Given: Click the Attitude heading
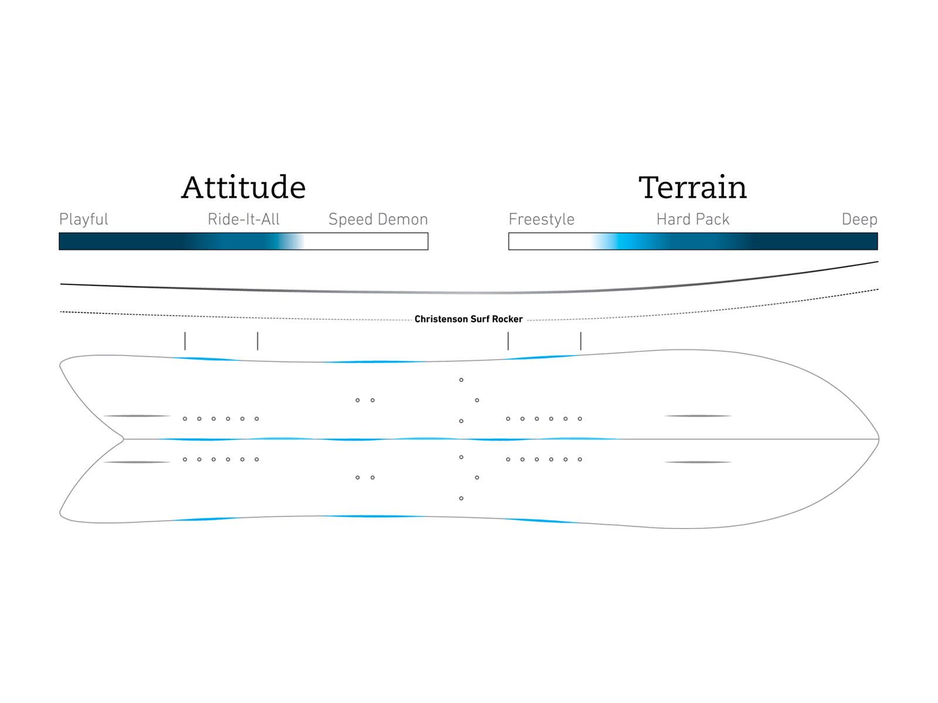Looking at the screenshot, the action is point(243,187).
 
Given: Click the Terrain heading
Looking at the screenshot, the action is point(692,187).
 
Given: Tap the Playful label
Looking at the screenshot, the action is point(83,219).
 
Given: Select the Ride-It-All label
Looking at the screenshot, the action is point(243,219).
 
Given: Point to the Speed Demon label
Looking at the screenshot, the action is point(378,219).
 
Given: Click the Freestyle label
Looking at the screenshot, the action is point(542,219).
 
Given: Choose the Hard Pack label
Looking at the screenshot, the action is point(693,219).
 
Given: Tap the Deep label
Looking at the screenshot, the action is point(859,219).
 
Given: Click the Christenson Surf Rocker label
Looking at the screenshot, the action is point(468,319).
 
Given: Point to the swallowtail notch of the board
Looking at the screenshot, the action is point(123,438).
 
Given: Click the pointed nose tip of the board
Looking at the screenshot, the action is point(878,438).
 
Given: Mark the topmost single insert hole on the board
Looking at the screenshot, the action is point(461,380).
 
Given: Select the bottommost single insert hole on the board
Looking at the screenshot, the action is point(461,498).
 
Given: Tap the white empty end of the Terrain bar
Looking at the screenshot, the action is point(549,241).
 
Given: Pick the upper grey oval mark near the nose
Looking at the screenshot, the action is point(698,415).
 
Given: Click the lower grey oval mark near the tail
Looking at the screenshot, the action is point(137,462).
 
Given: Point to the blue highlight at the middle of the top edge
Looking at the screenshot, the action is point(374,361).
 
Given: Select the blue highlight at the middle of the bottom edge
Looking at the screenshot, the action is point(374,516).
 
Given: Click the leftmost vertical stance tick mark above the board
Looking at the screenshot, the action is point(185,340).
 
